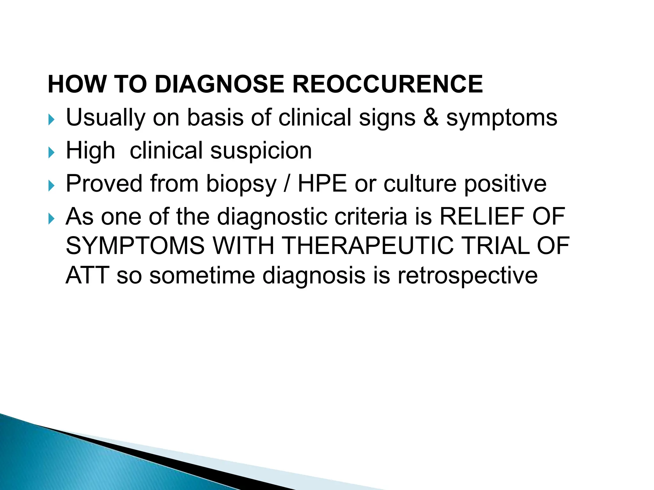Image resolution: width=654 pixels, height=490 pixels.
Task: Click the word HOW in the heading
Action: tap(77, 84)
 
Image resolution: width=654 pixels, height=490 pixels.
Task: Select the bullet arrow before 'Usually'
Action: tap(51, 120)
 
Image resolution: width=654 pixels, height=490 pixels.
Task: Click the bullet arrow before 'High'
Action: tap(51, 153)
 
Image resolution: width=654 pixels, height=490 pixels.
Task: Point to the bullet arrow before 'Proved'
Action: tap(51, 186)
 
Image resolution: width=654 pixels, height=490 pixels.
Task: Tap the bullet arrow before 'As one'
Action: tap(51, 219)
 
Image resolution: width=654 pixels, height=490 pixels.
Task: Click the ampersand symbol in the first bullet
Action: tap(431, 117)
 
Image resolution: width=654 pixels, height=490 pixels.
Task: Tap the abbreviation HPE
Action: tap(322, 184)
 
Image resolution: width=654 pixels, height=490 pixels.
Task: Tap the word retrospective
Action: tap(468, 277)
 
